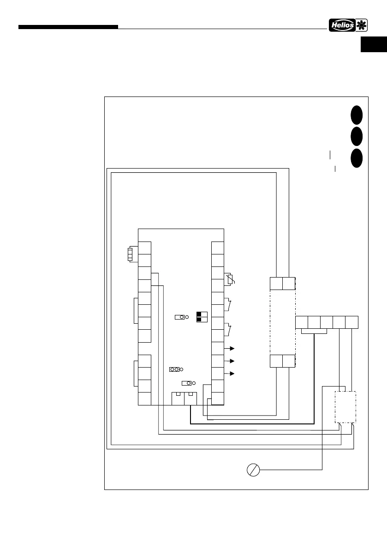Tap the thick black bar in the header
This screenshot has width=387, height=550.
[x=68, y=27]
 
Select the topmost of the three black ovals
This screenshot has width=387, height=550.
[x=356, y=115]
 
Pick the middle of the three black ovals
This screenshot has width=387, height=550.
[x=356, y=136]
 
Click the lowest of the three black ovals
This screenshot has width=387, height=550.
[x=356, y=157]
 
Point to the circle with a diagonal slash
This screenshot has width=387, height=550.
[x=253, y=470]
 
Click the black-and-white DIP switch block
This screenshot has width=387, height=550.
[x=202, y=316]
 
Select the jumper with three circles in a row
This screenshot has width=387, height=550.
[x=174, y=369]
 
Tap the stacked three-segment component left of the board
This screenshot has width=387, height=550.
[x=130, y=254]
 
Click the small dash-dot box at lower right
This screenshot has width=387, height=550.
[x=345, y=406]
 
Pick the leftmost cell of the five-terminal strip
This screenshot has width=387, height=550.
[x=302, y=323]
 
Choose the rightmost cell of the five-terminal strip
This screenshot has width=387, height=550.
[x=352, y=323]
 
